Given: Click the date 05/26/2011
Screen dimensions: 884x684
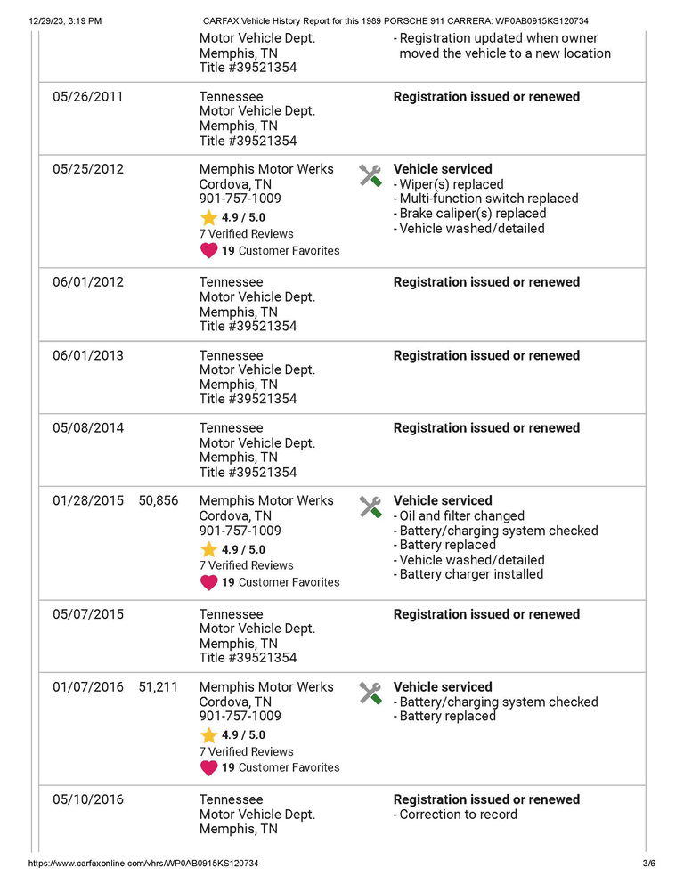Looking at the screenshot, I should pos(87,97).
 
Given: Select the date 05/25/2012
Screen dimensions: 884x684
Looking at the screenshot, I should pos(87,169).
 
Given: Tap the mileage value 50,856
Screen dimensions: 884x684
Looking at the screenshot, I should pos(159,501).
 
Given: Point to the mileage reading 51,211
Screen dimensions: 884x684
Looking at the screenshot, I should pos(159,687).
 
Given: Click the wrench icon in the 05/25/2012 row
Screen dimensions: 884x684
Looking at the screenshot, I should pos(370,175).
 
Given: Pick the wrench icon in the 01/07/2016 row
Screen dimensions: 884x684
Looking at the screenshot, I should pos(370,693).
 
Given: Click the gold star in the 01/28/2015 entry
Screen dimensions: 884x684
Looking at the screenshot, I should pos(208,550).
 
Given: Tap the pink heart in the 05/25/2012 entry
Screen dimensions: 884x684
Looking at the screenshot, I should pos(208,251).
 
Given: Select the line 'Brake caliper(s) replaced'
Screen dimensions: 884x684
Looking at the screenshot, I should pos(472,214).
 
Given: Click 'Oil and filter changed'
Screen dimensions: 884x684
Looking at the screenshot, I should pos(461,516).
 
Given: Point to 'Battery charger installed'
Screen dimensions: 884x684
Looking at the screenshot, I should pos(471,575).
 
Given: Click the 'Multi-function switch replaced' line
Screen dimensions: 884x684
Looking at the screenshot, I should pos(488,199).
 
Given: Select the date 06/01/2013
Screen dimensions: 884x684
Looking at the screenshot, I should pos(87,356).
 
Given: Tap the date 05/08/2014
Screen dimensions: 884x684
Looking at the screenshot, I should pos(87,428).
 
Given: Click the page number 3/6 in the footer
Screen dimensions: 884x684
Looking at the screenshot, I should pos(648,864).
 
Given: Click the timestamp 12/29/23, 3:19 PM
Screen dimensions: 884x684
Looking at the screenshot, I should pos(64,20).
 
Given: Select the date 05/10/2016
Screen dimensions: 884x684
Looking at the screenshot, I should pos(87,800).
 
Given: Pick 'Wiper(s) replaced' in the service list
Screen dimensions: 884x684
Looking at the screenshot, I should pos(452,184).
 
